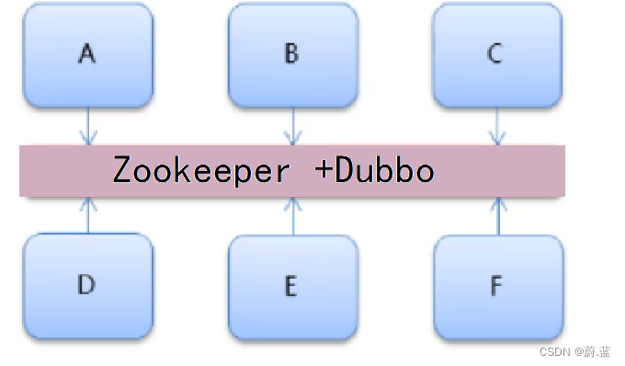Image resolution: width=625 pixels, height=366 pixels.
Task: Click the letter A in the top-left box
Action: [x=87, y=53]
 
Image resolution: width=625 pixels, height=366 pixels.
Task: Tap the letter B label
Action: [x=291, y=53]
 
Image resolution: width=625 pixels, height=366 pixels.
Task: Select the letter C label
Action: [x=494, y=53]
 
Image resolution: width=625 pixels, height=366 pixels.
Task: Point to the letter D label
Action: [x=86, y=284]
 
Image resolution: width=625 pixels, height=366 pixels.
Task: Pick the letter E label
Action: [x=291, y=286]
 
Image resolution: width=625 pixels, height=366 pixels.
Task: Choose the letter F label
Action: [x=496, y=286]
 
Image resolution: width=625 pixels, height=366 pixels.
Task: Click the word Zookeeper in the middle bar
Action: [x=201, y=171]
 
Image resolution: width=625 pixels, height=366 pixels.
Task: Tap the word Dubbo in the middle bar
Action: [x=384, y=170]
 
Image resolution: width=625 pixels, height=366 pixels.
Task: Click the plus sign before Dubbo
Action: [x=324, y=169]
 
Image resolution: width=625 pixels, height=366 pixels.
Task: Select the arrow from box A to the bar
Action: [x=88, y=126]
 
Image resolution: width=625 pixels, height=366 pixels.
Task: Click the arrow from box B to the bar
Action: [x=293, y=126]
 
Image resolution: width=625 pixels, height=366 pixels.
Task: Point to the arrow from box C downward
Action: [x=497, y=126]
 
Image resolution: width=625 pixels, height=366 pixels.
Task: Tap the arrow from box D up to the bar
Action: [x=88, y=215]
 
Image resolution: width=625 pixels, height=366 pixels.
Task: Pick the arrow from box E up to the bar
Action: [x=293, y=216]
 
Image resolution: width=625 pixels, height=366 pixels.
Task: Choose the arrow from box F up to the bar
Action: [x=498, y=216]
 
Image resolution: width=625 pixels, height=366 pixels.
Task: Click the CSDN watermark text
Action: [x=554, y=351]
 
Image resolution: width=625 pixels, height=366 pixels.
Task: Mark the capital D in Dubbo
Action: [x=345, y=169]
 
